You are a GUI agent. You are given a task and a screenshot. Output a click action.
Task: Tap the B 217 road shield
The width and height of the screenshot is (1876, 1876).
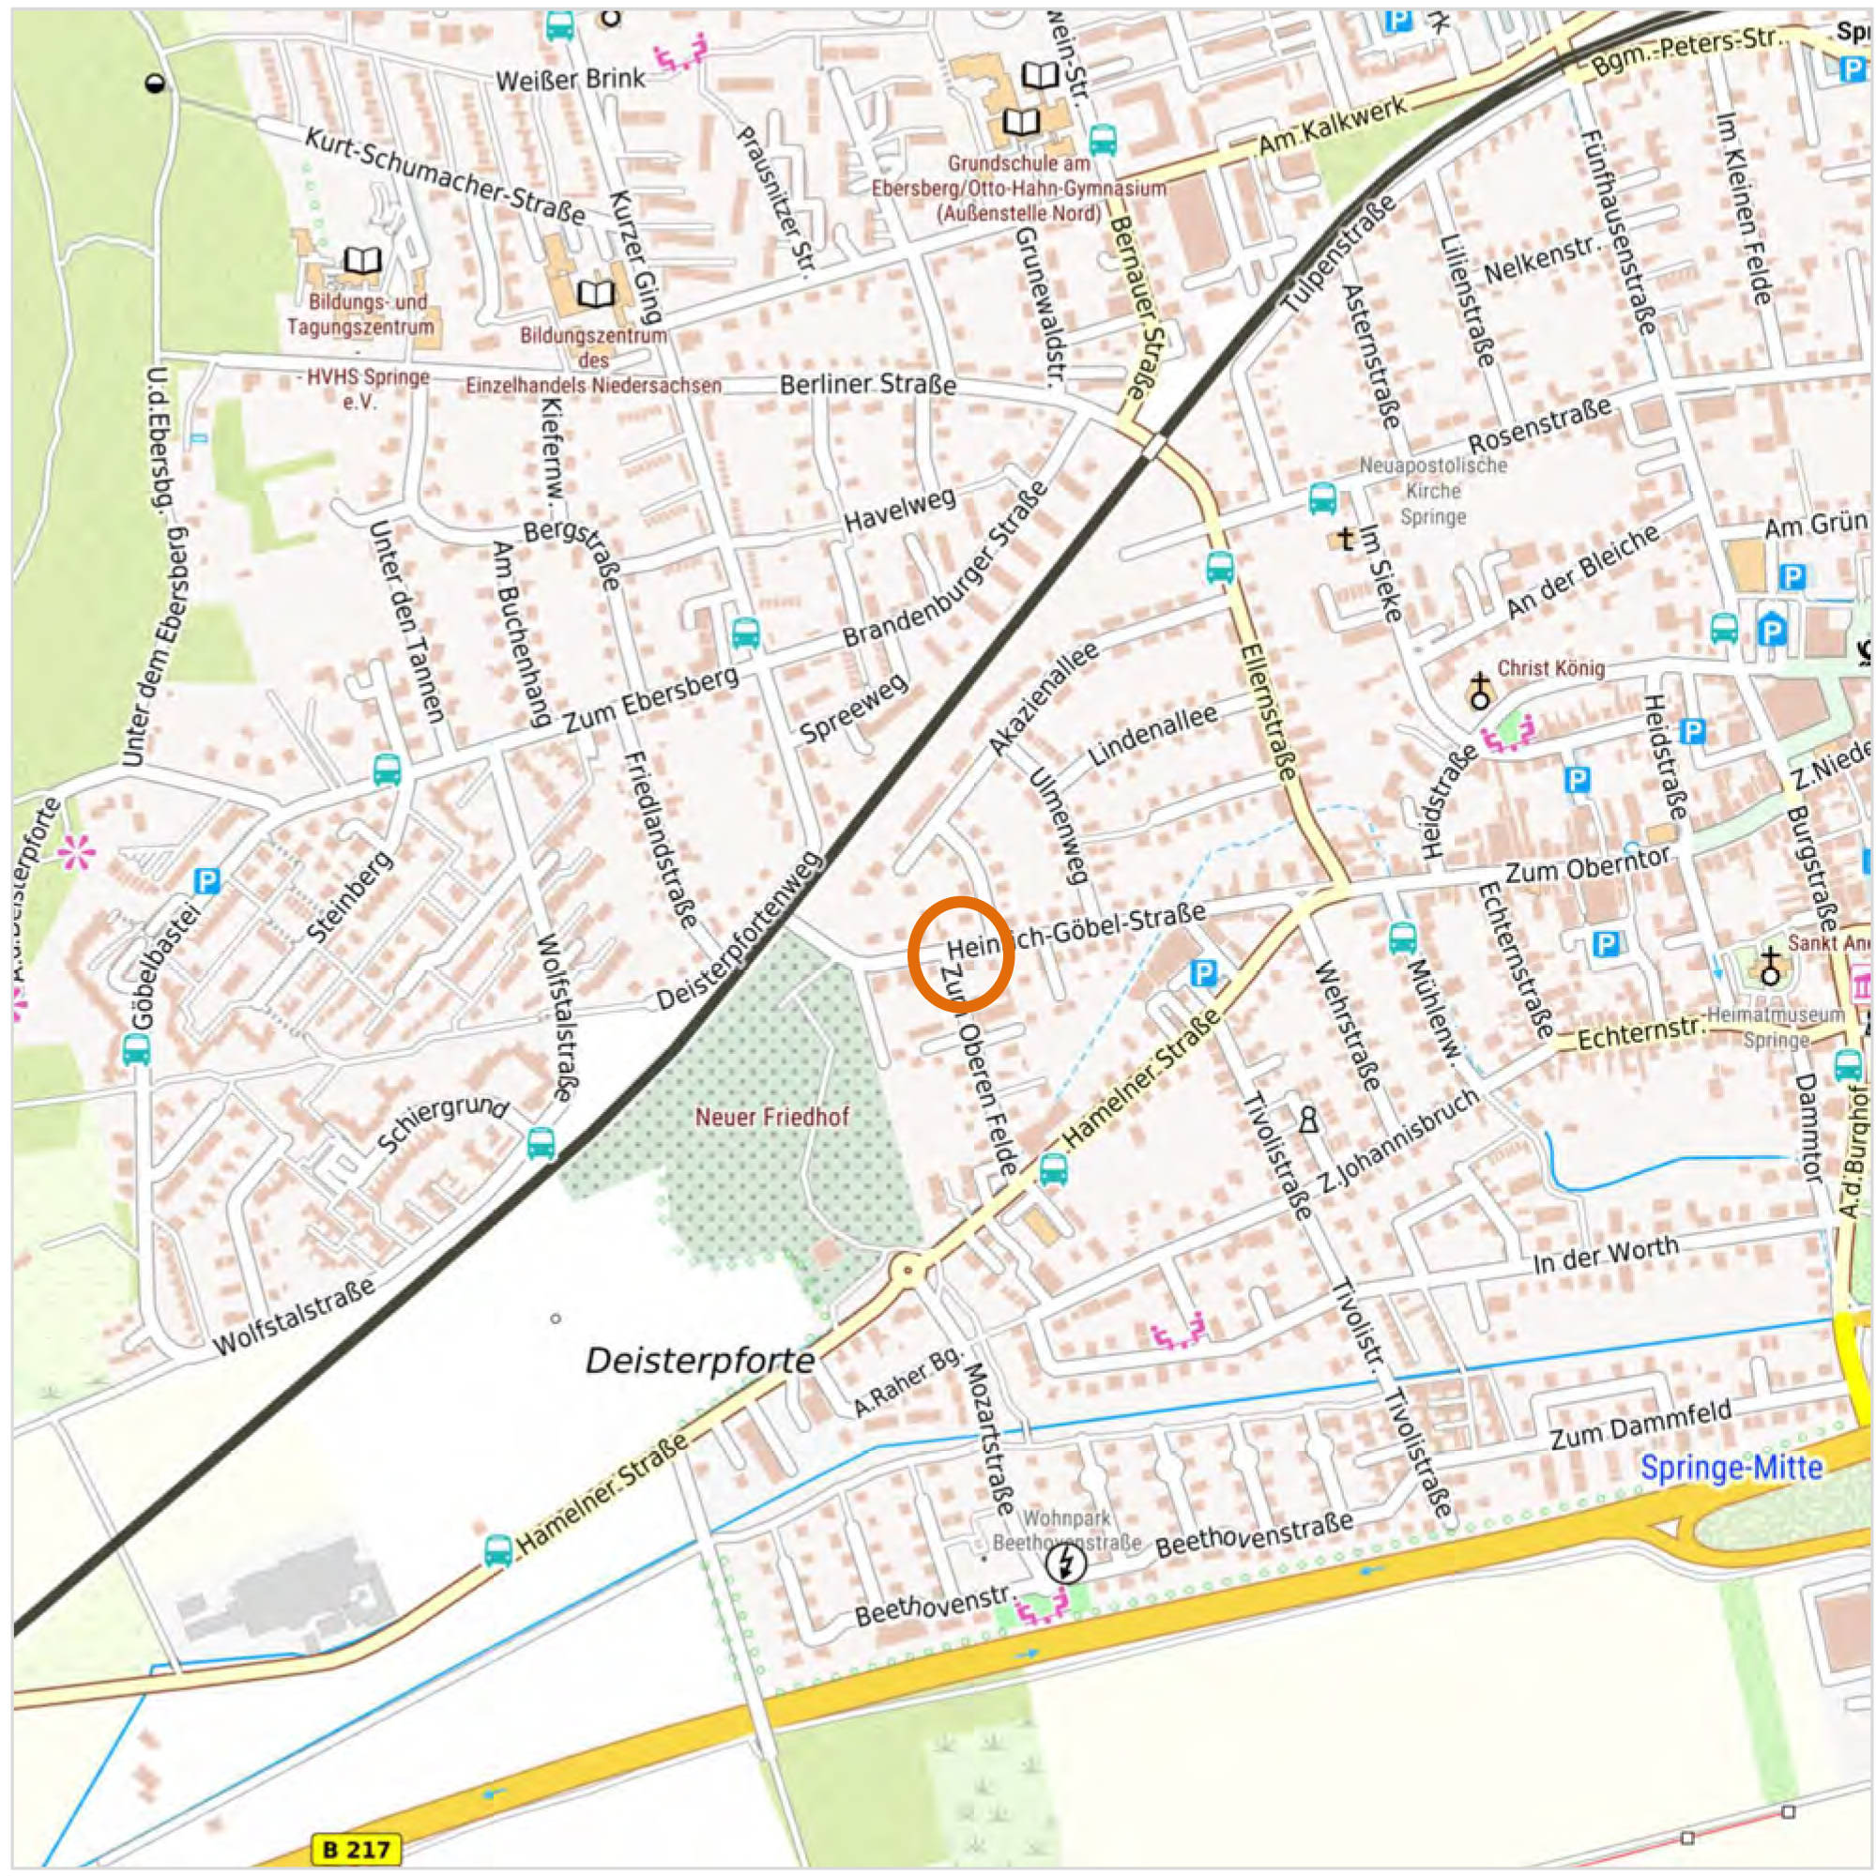(356, 1848)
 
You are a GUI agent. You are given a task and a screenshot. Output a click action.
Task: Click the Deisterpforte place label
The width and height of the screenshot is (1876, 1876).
(699, 1361)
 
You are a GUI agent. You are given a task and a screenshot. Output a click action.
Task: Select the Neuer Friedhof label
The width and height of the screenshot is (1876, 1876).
(772, 1117)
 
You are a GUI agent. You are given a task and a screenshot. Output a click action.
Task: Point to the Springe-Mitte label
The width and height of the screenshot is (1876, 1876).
(1731, 1467)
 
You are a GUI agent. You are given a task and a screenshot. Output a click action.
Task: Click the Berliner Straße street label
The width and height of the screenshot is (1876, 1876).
(868, 386)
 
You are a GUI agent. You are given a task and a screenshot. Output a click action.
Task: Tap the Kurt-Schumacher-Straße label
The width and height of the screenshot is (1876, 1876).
(445, 175)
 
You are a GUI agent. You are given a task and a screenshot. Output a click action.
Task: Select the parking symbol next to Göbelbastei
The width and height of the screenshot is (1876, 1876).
(206, 880)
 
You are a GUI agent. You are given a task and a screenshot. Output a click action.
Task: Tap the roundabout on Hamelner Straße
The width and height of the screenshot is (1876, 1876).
(907, 1268)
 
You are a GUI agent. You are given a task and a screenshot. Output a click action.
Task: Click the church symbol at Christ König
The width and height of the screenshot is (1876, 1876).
(1479, 691)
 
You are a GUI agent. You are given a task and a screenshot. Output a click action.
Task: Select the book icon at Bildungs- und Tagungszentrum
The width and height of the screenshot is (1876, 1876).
(363, 259)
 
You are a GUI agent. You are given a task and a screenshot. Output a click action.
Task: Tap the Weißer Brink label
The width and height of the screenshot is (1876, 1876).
(570, 80)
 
